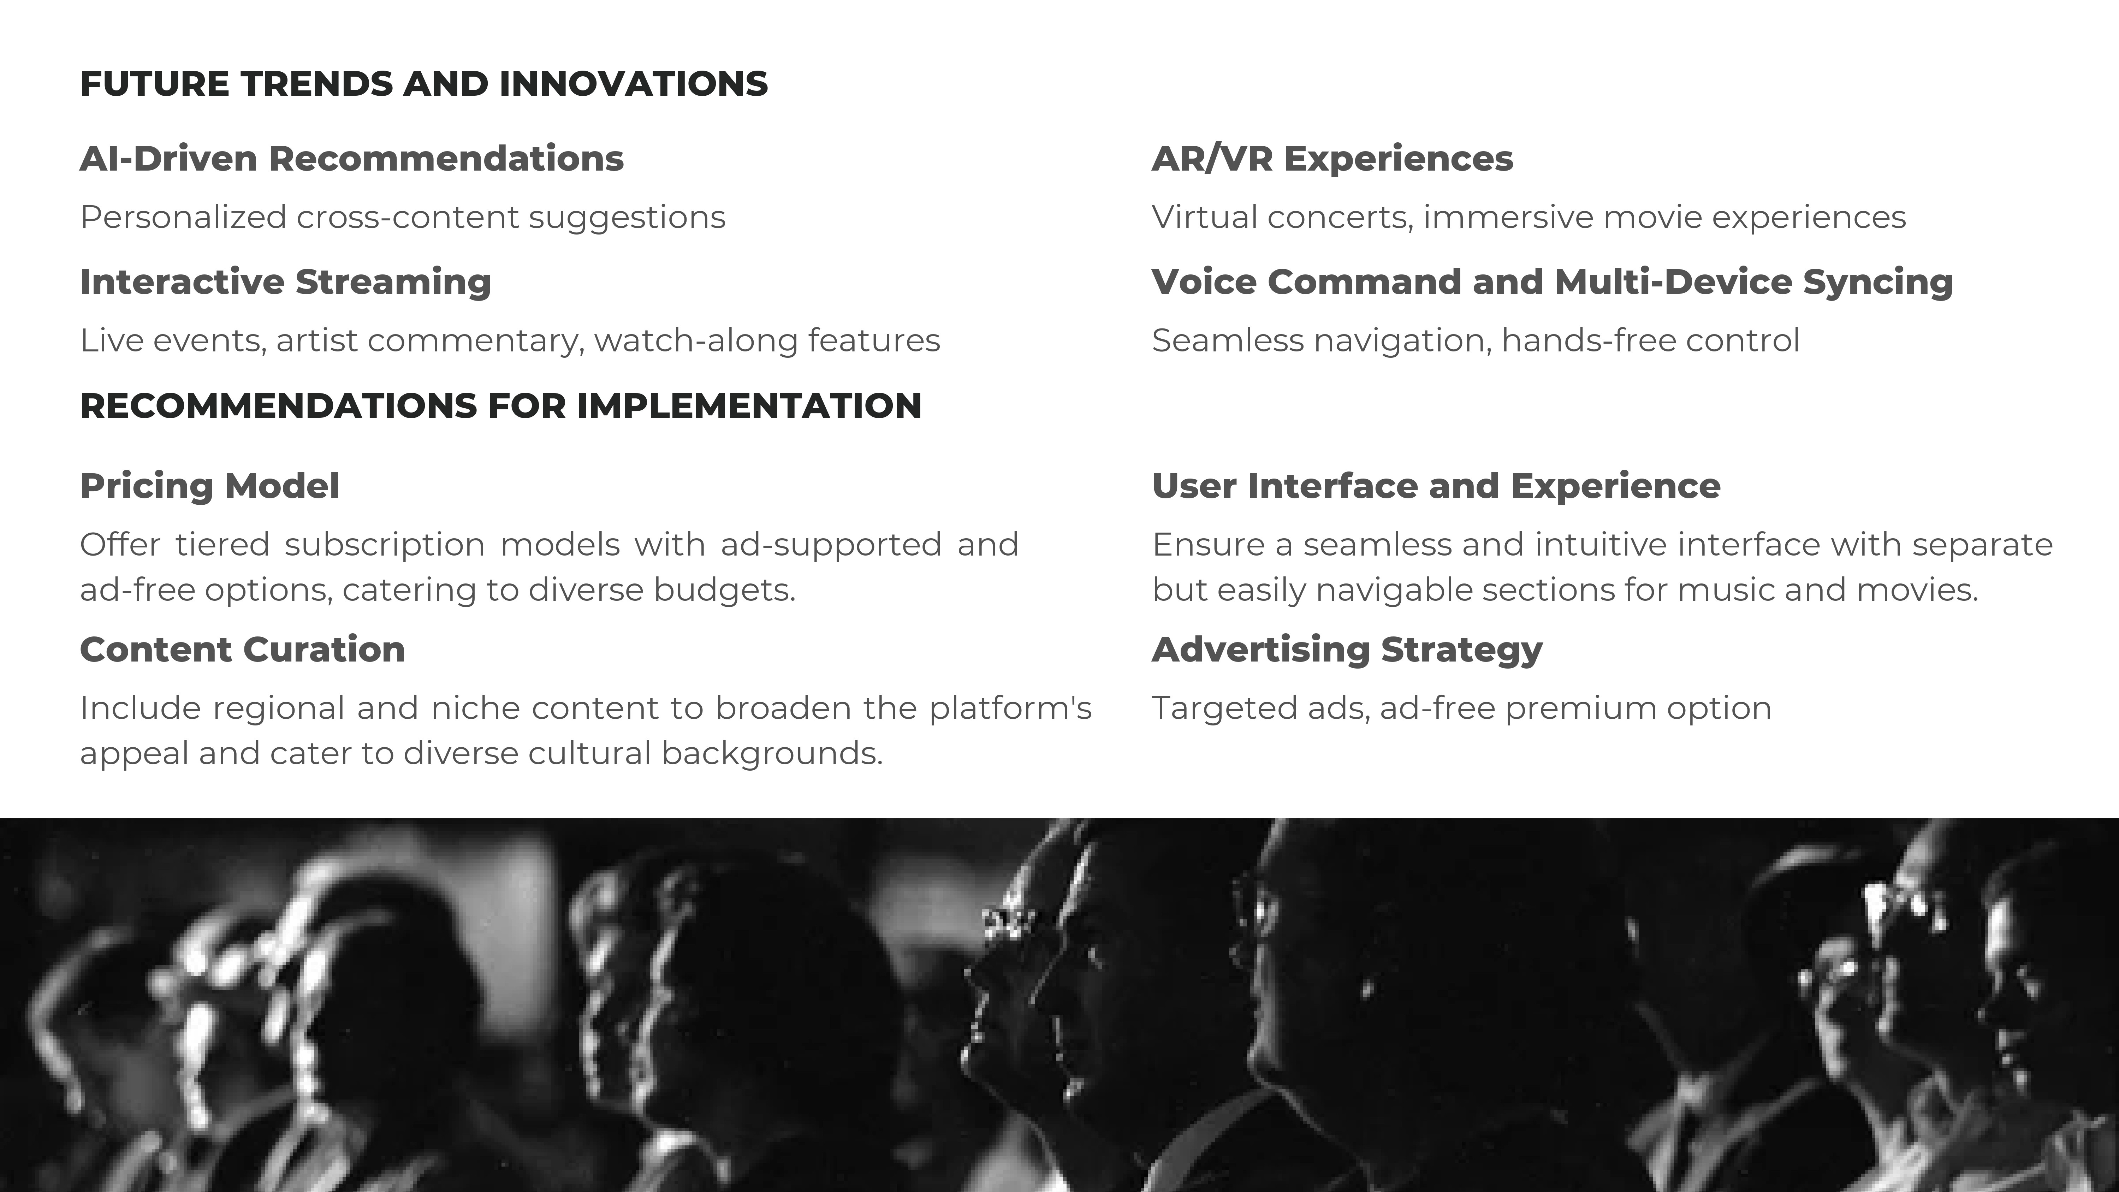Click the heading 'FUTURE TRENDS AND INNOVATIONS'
(424, 84)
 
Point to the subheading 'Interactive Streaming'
(285, 282)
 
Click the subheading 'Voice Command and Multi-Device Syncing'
(1552, 282)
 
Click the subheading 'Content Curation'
(243, 649)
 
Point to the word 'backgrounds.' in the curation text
(772, 754)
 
